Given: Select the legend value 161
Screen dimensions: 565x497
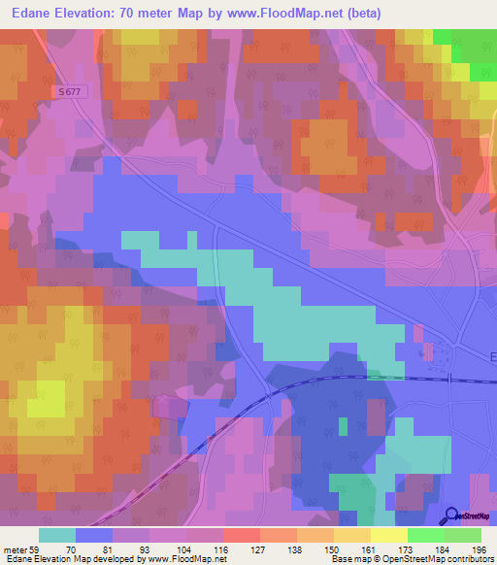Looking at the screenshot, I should (x=371, y=548).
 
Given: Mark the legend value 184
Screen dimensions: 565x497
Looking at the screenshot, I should (x=445, y=548).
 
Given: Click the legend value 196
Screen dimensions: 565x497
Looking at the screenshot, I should (x=480, y=548).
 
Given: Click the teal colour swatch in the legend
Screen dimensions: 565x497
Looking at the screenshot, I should (x=57, y=535).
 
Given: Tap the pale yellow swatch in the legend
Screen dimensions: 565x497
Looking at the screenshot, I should (x=388, y=535).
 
